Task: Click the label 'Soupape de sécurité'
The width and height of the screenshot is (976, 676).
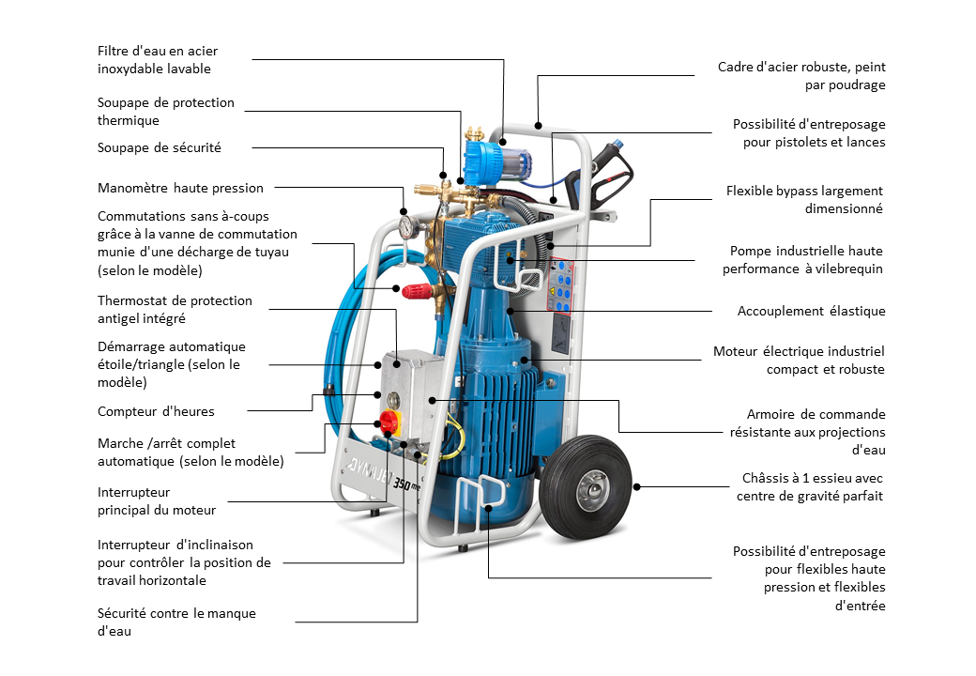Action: [x=160, y=147]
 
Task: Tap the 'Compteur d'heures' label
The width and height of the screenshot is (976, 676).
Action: [x=156, y=411]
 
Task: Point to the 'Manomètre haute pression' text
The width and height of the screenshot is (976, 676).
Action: [x=180, y=188]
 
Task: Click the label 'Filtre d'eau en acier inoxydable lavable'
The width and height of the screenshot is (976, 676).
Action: [x=158, y=60]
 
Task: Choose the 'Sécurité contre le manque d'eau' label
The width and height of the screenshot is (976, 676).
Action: [x=176, y=622]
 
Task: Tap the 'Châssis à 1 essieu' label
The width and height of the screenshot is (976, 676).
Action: [x=813, y=487]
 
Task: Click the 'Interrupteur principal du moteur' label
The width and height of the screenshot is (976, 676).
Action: [x=157, y=501]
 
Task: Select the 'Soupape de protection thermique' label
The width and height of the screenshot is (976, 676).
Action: [x=166, y=112]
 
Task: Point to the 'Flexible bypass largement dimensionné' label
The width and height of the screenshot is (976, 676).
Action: [x=805, y=200]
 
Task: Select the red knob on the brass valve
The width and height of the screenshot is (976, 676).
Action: [x=414, y=289]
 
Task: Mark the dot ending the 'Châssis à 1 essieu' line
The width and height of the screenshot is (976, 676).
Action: [x=637, y=486]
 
